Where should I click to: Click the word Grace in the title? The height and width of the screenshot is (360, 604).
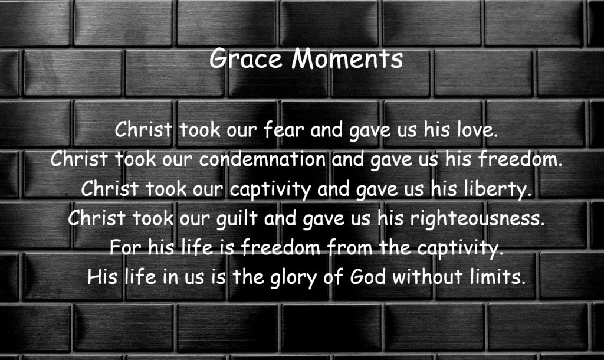[246, 59]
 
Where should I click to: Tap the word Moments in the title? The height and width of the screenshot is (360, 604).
[347, 59]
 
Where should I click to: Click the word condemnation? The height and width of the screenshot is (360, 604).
[262, 159]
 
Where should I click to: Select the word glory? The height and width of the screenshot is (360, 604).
[294, 277]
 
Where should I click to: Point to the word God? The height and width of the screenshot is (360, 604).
[367, 277]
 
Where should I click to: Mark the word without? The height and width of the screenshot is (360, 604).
[428, 277]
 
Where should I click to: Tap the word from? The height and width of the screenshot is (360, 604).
[350, 247]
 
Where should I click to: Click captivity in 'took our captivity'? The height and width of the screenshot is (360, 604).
[270, 189]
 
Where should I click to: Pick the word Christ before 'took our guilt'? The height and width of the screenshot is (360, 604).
[97, 218]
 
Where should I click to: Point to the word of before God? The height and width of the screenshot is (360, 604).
[333, 277]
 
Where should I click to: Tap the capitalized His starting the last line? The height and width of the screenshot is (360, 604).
[103, 277]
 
